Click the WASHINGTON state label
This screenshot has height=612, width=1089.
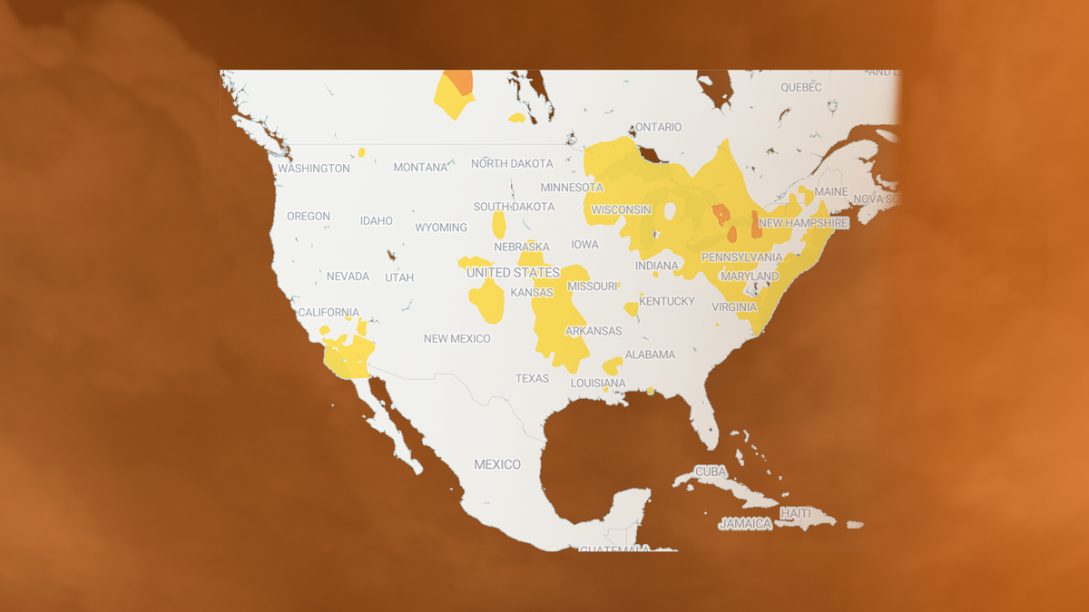click(314, 168)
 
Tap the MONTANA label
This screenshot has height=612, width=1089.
click(421, 167)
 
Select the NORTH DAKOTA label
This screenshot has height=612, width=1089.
click(512, 163)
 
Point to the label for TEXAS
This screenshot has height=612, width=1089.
click(533, 378)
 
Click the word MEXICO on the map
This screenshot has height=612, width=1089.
click(497, 464)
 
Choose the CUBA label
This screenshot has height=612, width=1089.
click(711, 471)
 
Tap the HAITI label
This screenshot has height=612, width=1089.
click(796, 513)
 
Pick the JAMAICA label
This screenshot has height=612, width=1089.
click(745, 523)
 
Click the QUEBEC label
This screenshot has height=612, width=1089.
click(801, 87)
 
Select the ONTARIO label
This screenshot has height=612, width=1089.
click(659, 127)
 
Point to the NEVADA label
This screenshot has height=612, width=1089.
click(348, 276)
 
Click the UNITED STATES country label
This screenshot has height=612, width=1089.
click(513, 272)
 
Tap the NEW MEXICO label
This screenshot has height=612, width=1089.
click(457, 338)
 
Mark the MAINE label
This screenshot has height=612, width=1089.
click(830, 192)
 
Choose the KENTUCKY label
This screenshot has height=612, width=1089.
click(667, 301)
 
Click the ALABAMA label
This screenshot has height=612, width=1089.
click(650, 355)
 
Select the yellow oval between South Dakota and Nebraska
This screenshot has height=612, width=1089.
click(499, 224)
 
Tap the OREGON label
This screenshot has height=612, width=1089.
click(309, 217)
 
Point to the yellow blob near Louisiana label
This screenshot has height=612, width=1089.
click(613, 365)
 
